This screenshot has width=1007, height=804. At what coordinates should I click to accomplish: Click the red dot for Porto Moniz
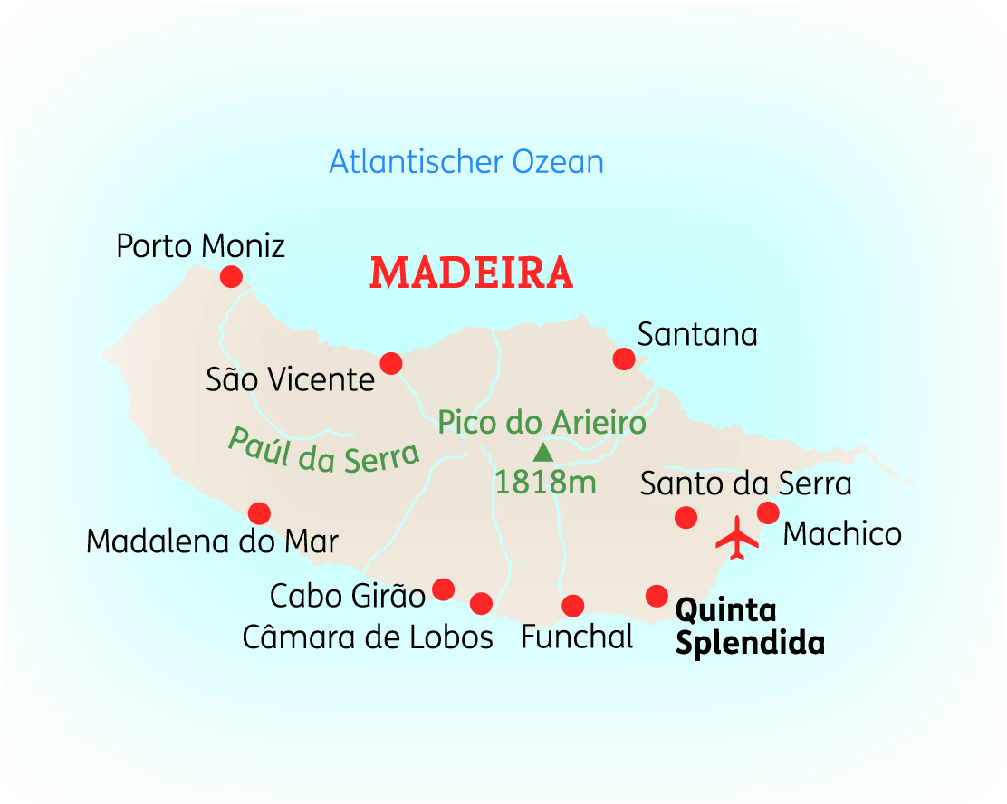coord(231,276)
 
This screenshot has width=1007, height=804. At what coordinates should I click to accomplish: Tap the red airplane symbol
coord(737,538)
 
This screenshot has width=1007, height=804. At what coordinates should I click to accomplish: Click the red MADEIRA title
coord(471,273)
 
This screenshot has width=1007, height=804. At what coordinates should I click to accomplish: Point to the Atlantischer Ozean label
coord(465,162)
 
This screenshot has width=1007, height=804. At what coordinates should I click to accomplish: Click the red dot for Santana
coord(623,359)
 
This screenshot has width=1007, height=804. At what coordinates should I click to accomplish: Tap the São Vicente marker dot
coord(390,363)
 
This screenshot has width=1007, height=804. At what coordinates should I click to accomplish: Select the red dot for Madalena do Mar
coord(259,513)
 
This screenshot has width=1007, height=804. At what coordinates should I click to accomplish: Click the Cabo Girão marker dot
coord(443,589)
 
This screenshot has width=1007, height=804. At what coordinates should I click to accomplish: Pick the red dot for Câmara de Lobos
coord(481,603)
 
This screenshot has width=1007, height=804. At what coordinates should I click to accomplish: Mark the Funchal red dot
coord(572,605)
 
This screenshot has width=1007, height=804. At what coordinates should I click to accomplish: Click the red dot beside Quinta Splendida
coord(656,596)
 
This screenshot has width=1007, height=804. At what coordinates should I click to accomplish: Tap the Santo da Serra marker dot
coord(686,517)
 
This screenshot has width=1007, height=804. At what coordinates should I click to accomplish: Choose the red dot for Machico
coord(768,512)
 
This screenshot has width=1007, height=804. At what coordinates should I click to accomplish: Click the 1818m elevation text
coord(545,483)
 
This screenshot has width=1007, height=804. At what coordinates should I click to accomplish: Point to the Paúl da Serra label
coord(323,449)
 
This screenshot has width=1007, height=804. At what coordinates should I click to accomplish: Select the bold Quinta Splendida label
coord(750,627)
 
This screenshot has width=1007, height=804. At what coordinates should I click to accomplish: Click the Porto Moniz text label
coord(200,245)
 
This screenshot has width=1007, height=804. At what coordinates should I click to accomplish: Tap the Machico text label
coord(842,534)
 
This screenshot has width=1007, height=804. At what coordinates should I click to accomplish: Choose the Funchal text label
coord(577,637)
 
